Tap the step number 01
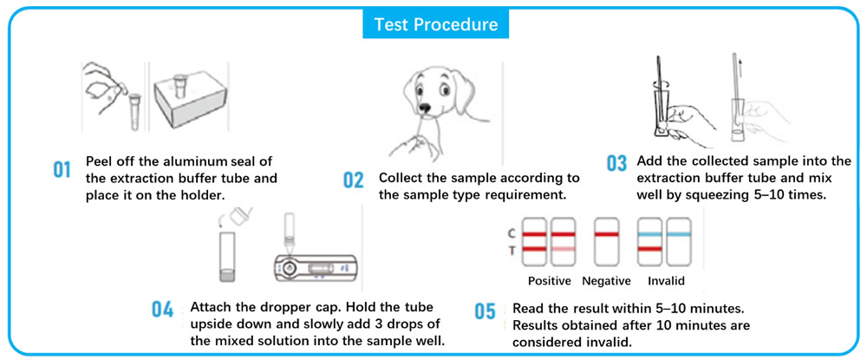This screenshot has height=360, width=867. click(62, 169)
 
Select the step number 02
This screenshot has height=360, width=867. click(353, 180)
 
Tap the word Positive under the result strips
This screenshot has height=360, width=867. click(550, 281)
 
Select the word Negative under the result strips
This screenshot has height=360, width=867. click(607, 281)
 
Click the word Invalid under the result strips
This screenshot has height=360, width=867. click(666, 281)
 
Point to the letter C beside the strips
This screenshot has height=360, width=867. click(510, 233)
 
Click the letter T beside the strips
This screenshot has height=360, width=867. click(510, 251)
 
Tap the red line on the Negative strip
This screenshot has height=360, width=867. click(607, 234)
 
